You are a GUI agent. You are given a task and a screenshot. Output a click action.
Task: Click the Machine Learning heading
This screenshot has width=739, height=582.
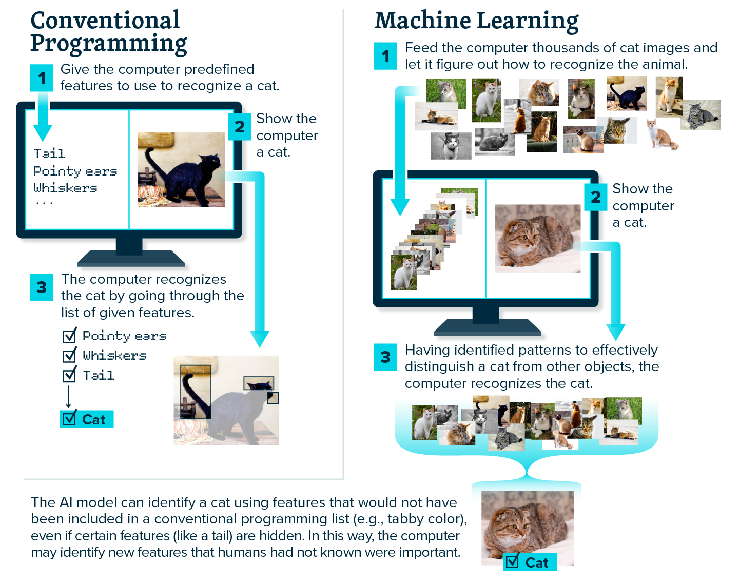point(476,21)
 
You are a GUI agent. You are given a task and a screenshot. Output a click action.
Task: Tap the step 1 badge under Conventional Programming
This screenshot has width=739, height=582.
point(42,78)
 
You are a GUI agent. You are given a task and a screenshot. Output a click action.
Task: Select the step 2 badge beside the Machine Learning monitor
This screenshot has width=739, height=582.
point(596,197)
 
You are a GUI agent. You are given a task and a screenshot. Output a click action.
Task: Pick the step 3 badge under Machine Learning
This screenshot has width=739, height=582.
point(385,357)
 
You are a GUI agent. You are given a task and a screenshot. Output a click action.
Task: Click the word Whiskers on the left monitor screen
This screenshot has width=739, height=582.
point(65,188)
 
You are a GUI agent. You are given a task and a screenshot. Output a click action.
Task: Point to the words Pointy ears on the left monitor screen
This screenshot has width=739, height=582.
point(75,171)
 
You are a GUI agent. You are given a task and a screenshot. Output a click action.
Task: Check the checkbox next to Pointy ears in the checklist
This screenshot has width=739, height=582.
point(69,336)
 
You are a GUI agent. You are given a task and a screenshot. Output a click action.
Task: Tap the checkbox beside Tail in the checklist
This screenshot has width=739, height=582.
point(69,376)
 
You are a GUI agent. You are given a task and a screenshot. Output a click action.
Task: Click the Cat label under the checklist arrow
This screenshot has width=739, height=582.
point(87,419)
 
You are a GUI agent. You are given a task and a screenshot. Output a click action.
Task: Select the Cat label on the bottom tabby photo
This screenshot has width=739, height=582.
point(530,562)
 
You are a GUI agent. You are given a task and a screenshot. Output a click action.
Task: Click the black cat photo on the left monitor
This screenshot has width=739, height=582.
point(181,169)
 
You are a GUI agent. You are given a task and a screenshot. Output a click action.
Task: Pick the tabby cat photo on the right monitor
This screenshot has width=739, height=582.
point(537,238)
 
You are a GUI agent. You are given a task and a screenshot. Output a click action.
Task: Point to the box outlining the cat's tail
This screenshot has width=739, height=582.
point(196,392)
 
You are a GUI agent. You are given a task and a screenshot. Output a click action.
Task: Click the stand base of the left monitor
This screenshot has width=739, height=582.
point(130,258)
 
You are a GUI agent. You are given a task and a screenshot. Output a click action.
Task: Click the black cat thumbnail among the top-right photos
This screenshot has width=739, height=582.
point(626,93)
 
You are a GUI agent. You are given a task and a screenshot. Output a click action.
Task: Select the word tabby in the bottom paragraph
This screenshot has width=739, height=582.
point(403,519)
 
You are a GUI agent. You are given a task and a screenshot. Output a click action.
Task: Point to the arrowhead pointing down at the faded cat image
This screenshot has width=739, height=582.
point(260,339)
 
